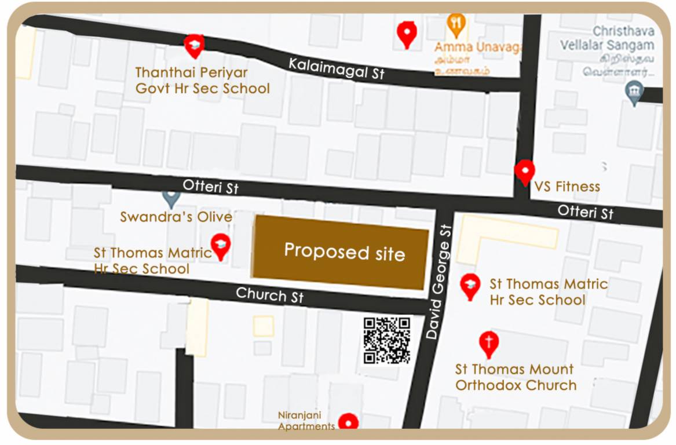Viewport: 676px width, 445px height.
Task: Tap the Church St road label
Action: (x=269, y=295)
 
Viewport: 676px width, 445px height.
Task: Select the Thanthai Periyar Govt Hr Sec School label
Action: (x=202, y=81)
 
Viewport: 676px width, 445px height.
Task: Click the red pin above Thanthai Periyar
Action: (x=193, y=45)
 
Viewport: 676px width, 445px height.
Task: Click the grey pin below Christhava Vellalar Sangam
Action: (x=635, y=92)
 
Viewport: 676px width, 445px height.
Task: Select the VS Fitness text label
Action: (x=567, y=187)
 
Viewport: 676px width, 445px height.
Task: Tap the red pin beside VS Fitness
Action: (x=524, y=172)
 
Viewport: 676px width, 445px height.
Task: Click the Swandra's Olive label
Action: (x=176, y=217)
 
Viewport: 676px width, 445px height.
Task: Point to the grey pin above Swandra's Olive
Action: (x=170, y=199)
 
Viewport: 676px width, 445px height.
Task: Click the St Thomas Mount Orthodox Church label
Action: (x=516, y=377)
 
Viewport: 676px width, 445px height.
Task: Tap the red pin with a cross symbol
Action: (x=488, y=342)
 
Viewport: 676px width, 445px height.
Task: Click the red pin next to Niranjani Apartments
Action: (x=348, y=422)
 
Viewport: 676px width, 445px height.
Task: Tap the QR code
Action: (x=387, y=340)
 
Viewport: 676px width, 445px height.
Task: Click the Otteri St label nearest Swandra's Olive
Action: (x=210, y=187)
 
